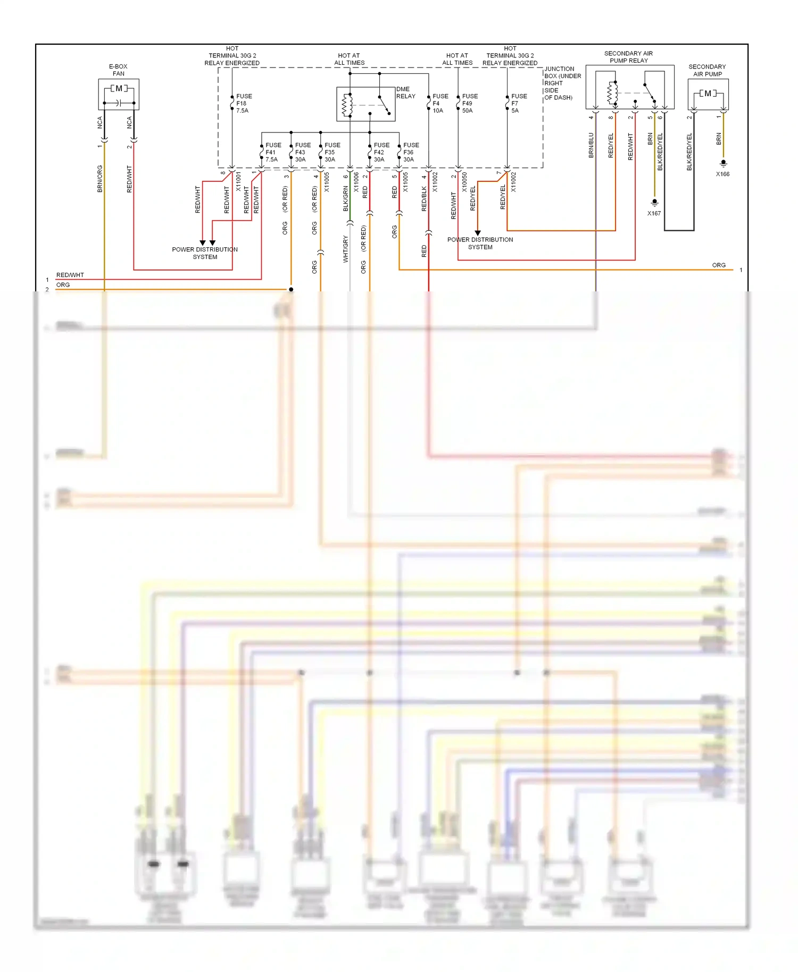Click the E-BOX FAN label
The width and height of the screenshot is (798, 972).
118,70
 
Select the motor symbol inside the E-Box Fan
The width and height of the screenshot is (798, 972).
119,88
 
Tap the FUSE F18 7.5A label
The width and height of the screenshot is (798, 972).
244,104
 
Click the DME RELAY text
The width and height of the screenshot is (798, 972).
405,93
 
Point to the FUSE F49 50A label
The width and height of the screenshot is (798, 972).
469,104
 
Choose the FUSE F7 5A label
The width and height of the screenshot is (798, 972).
519,104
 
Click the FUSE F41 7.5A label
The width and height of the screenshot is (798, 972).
273,152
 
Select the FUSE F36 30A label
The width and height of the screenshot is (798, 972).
411,152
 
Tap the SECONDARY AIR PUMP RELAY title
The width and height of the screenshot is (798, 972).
628,57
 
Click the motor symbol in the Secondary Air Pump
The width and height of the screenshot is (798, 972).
708,94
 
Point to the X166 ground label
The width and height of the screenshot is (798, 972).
722,174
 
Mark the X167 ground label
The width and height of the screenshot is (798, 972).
654,213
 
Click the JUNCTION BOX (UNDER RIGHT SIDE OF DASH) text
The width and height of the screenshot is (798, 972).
562,83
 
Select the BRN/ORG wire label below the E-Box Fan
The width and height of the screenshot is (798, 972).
99,179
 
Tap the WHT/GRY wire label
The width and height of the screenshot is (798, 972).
345,249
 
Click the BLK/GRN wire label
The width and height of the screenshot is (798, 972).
345,199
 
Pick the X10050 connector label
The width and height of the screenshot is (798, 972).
464,182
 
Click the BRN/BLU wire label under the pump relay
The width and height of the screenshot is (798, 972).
591,145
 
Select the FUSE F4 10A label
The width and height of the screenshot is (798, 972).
440,104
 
